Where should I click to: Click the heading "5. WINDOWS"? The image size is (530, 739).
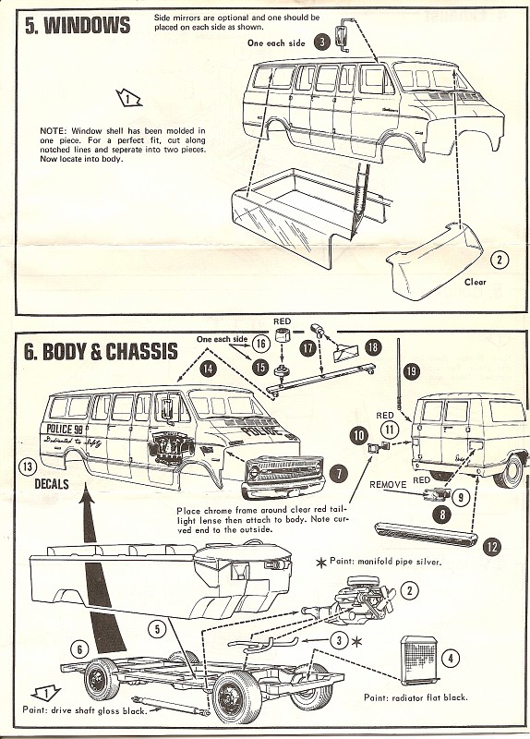coord(78,25)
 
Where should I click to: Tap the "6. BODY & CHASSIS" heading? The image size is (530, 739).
coord(99,352)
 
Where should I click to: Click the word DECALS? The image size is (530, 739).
coord(53,482)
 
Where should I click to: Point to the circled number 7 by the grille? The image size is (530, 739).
coord(339,473)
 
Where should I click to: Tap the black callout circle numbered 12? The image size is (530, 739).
coord(491,547)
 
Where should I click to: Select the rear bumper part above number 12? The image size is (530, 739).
coord(425,531)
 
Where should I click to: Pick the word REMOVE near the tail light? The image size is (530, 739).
coord(388,483)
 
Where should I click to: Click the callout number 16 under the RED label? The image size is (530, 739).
coord(260,344)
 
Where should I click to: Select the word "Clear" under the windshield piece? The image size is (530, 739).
coord(475,282)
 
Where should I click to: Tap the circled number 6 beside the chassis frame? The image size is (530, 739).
coord(80,650)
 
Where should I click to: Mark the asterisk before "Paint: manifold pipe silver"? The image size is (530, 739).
coord(320,562)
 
